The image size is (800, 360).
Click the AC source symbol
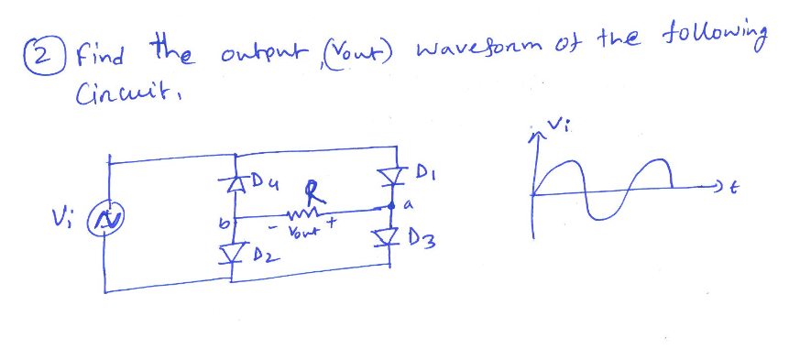pos(109,221)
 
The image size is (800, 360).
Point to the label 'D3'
pos(427,245)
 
